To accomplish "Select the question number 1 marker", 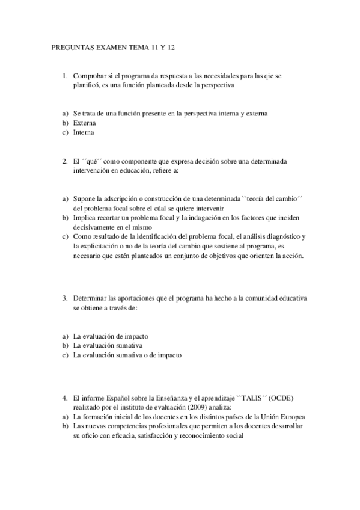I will pos(64,76).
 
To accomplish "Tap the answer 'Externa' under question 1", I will pos(85,123).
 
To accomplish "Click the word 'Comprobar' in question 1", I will pos(90,76).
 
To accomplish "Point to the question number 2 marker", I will pos(64,161).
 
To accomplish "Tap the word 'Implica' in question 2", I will pos(85,218).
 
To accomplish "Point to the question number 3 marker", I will pos(64,298).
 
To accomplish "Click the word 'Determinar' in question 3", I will pos(91,298).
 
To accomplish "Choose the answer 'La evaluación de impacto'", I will pos(111,336).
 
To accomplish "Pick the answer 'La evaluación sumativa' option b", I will pos(108,346).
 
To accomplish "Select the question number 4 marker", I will pos(64,398).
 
